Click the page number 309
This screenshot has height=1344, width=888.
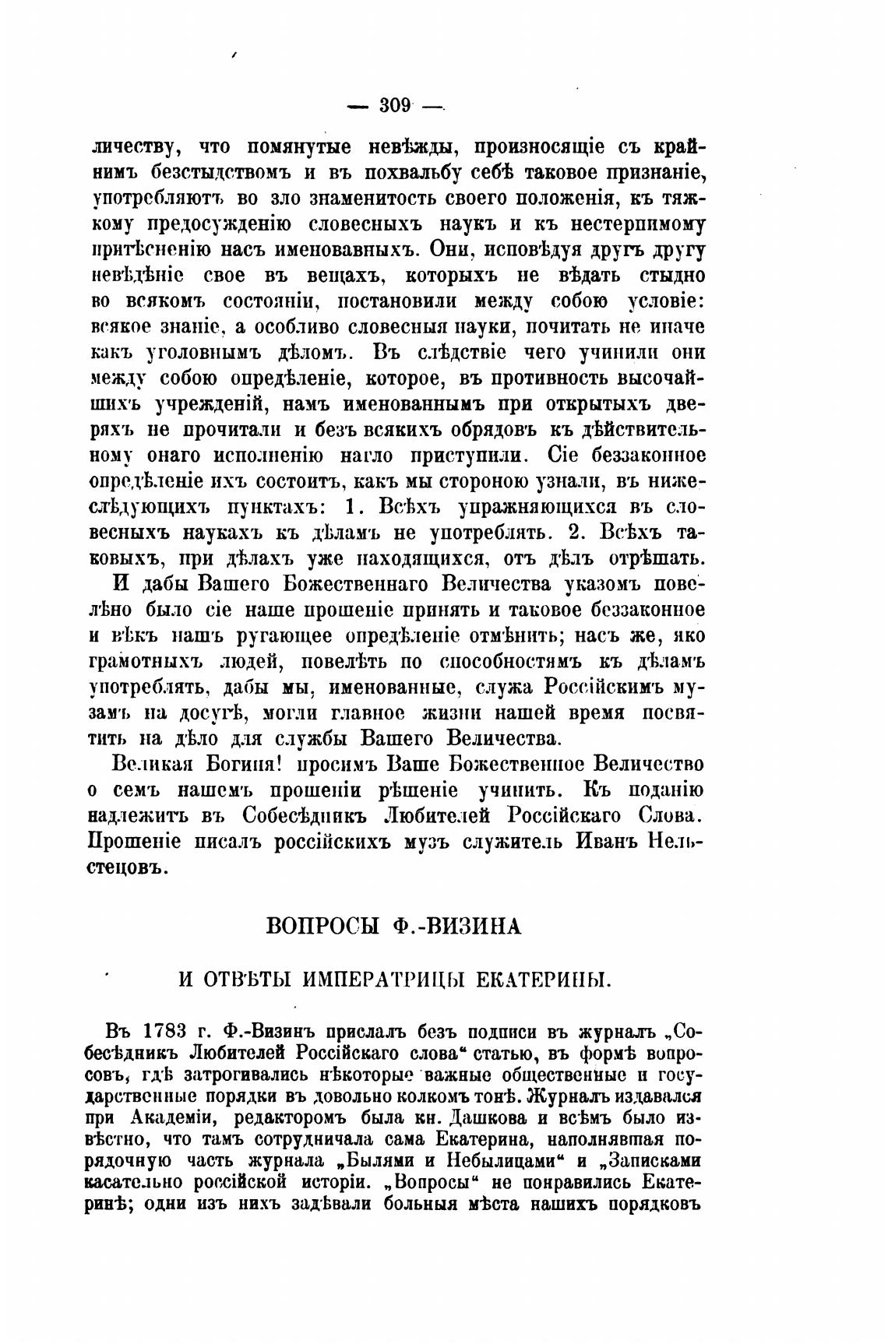click(394, 104)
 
